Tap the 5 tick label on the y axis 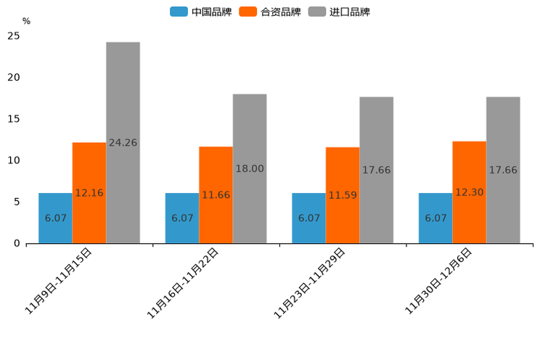point(16,202)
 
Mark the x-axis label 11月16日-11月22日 point(183,282)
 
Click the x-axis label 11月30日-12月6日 point(438,280)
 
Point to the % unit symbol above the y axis point(26,21)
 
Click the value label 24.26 point(123,143)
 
